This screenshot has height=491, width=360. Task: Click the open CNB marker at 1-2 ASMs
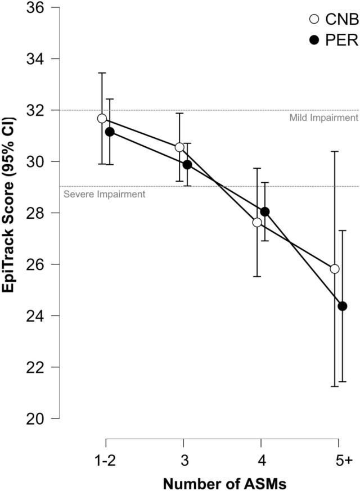[x=102, y=118]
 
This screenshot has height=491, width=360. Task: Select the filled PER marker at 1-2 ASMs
[x=110, y=132]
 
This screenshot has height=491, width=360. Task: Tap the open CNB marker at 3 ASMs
[x=179, y=147]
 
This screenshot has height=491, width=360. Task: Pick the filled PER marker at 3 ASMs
[x=187, y=164]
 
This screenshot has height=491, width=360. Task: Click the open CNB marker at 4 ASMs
[x=257, y=222]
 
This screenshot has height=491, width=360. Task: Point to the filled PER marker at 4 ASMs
[x=265, y=211]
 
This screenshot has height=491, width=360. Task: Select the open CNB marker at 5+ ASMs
[x=335, y=269]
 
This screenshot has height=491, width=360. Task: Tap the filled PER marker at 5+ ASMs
[x=343, y=306]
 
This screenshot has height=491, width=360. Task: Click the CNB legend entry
[x=334, y=20]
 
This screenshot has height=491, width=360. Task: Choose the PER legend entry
[x=334, y=40]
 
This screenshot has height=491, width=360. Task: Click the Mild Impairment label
[x=323, y=118]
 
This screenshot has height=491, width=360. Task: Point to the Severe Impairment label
[x=105, y=194]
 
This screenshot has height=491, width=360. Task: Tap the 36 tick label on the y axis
[x=35, y=7]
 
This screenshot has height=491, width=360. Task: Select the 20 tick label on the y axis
[x=35, y=418]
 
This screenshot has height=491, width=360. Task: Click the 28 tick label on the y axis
[x=35, y=213]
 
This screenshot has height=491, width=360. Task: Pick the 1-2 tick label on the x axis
[x=105, y=461]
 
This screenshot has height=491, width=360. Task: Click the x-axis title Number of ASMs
[x=224, y=484]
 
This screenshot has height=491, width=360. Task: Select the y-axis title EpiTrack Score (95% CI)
[x=9, y=205]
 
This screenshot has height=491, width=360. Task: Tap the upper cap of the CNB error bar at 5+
[x=335, y=151]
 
